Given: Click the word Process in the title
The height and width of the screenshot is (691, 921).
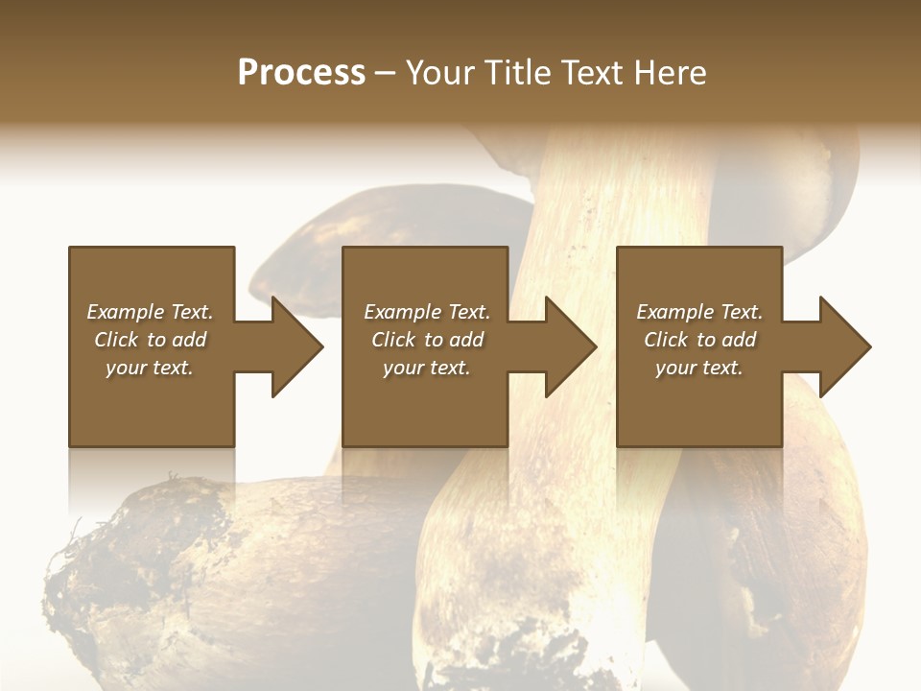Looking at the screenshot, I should click(301, 73).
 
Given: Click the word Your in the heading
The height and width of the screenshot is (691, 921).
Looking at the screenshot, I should click(442, 73).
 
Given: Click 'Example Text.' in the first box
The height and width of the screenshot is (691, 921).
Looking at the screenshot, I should click(150, 312).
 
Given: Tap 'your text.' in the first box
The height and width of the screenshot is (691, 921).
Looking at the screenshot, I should click(150, 368).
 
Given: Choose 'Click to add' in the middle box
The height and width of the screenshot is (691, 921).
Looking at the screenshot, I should click(427, 340).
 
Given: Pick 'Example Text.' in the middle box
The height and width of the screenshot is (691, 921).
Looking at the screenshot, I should click(427, 312).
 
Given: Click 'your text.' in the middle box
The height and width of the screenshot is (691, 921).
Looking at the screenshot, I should click(427, 368).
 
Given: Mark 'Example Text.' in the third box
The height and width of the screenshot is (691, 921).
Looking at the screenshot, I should click(699, 312).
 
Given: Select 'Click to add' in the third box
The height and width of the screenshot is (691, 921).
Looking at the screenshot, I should click(699, 340).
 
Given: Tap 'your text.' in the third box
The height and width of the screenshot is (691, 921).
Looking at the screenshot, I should click(699, 368).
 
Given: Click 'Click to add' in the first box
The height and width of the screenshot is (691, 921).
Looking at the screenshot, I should click(150, 340).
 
